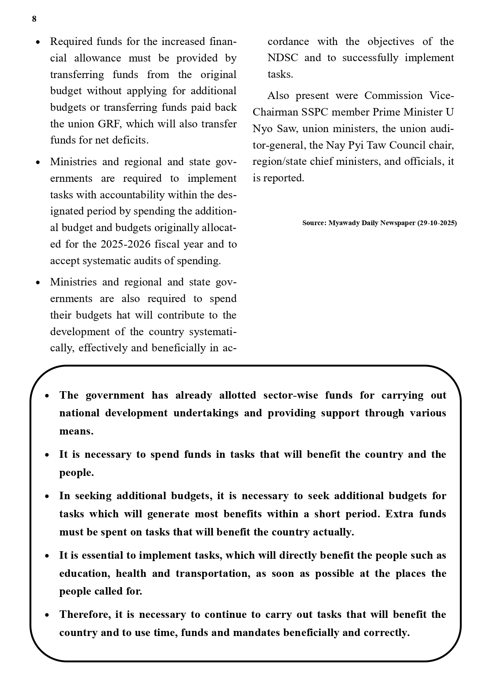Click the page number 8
tap(34, 19)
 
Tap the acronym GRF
tap(107, 124)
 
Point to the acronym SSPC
tap(315, 112)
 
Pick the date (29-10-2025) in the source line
tap(437, 223)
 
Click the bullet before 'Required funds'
tap(38, 42)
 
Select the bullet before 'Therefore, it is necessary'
tap(47, 615)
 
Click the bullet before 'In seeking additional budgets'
tap(47, 496)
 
